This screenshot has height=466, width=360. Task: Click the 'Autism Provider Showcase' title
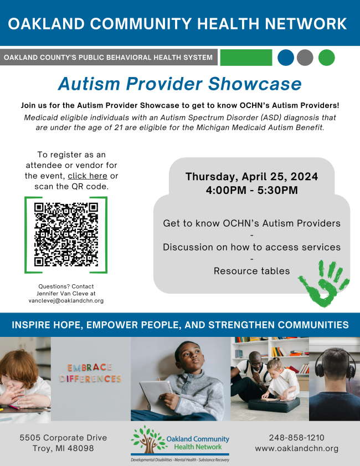click(179, 83)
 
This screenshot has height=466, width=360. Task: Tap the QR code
click(66, 235)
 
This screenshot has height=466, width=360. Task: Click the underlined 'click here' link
click(88, 176)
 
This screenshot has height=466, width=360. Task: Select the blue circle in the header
click(286, 58)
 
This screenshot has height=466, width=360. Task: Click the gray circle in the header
click(305, 58)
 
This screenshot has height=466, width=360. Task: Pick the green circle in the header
click(327, 58)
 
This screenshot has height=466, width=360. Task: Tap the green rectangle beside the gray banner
click(246, 58)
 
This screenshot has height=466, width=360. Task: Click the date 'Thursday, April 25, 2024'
click(251, 177)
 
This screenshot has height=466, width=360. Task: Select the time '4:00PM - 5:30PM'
click(251, 191)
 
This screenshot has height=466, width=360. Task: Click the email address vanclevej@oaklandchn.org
click(66, 300)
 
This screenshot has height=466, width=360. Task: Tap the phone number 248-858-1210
click(297, 437)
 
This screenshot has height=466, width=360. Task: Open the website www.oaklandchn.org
click(297, 448)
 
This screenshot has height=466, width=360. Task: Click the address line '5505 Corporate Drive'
click(63, 437)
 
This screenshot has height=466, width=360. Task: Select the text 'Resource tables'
click(251, 271)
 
